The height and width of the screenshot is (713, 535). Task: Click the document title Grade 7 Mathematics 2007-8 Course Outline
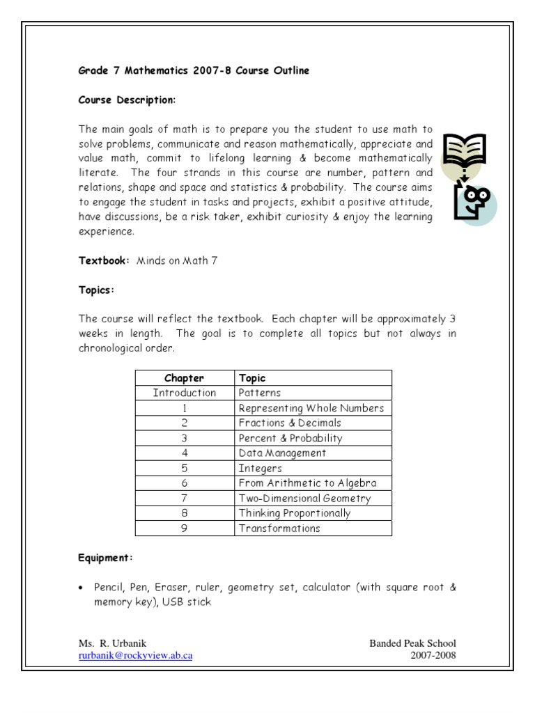coord(194,70)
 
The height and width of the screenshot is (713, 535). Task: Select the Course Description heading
coord(127,100)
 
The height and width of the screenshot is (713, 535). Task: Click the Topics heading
coord(96,289)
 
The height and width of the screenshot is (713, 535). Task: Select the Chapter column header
coord(184,378)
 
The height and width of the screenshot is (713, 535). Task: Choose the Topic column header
coord(252,378)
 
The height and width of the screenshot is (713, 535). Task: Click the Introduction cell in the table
coord(184,393)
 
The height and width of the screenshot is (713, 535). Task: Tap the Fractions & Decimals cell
coord(290,423)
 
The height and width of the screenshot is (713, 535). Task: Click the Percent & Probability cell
coord(290,438)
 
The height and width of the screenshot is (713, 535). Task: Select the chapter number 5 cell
coord(184,468)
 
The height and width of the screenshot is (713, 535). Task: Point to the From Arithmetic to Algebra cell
coord(307,483)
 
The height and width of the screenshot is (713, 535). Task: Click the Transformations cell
coord(279,528)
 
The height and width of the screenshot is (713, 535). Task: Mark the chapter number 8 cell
coord(184,513)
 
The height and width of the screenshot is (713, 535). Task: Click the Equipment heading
coord(106,558)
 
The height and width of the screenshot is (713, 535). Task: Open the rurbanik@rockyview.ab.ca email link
coord(135,656)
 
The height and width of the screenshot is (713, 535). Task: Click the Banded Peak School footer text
coord(412,643)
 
